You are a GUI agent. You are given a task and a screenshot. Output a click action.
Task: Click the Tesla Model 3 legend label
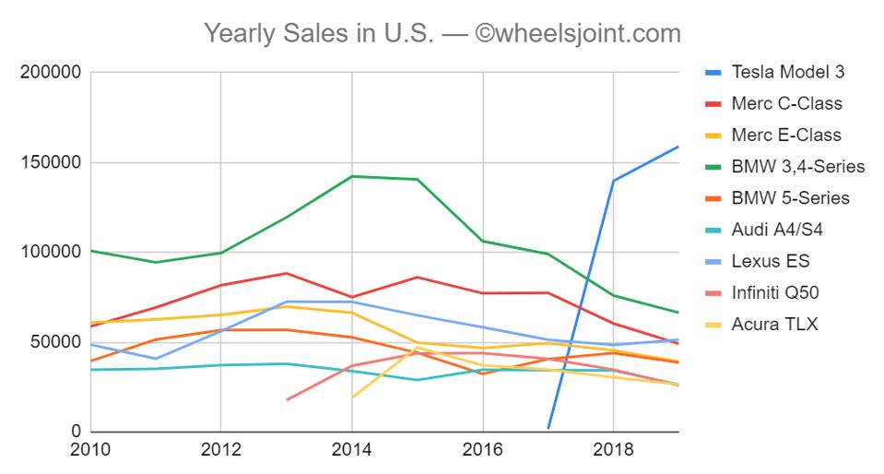(786, 72)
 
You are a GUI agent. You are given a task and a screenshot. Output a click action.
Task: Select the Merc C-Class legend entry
(786, 103)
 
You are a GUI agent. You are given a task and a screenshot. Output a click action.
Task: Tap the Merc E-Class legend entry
(786, 135)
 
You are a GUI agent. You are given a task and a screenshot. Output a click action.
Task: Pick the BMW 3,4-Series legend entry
(797, 167)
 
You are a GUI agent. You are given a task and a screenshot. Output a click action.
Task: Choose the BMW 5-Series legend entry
(790, 198)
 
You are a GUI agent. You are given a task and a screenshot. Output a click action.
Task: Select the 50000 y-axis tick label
(56, 342)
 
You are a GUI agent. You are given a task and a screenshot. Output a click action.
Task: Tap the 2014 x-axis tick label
(351, 452)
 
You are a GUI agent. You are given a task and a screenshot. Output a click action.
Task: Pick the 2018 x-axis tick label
(613, 452)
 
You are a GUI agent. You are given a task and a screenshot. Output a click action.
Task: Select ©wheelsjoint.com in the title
(578, 35)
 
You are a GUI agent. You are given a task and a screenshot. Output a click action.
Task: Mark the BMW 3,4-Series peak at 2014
(351, 176)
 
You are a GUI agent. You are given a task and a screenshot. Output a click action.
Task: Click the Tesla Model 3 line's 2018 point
(613, 181)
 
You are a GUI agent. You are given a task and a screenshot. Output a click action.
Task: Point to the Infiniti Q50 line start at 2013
(287, 399)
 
